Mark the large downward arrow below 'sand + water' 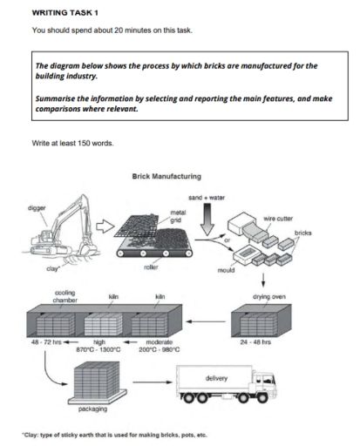tap(207, 222)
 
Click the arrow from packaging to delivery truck tap(150, 382)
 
